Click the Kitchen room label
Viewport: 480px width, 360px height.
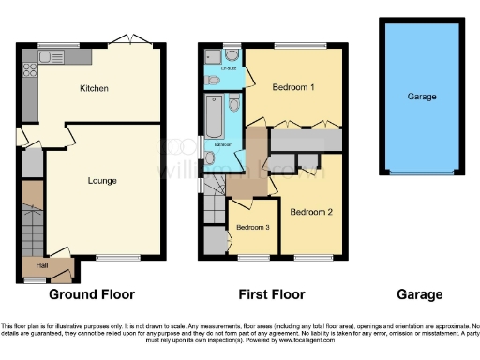click(95, 89)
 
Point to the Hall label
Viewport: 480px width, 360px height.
click(42, 265)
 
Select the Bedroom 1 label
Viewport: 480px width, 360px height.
click(292, 87)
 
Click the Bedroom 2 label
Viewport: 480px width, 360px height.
click(310, 212)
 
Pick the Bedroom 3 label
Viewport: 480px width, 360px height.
click(251, 228)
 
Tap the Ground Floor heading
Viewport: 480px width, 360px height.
click(92, 294)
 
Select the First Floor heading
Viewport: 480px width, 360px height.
click(271, 294)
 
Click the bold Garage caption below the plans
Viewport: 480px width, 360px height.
click(420, 294)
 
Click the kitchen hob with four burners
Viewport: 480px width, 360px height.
click(30, 67)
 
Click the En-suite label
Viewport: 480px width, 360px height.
click(228, 68)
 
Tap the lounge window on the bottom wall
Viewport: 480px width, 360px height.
click(112, 258)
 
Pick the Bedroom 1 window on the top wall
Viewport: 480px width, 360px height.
click(300, 45)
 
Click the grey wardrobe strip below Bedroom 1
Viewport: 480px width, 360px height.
click(306, 140)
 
